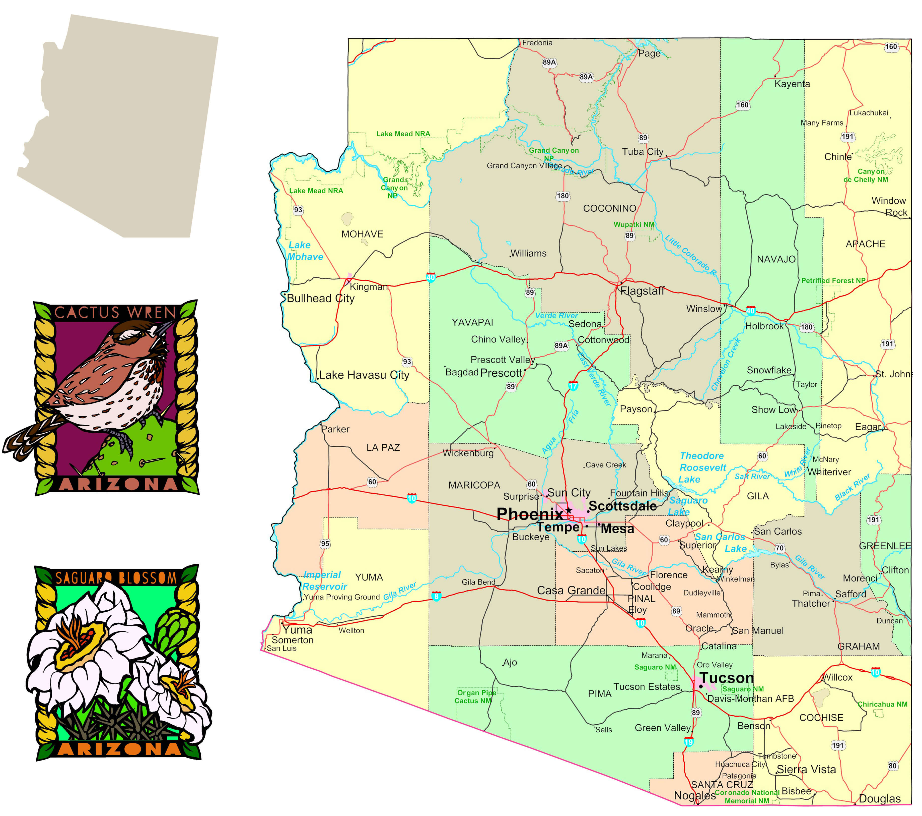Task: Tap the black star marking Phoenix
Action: click(x=569, y=510)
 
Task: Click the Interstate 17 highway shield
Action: click(x=573, y=386)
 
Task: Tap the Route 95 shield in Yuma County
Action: click(x=325, y=544)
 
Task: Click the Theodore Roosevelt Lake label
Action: click(x=702, y=468)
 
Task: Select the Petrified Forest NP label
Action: click(x=833, y=281)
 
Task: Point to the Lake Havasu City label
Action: click(x=364, y=375)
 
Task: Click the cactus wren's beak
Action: click(x=167, y=325)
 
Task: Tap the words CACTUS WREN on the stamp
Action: click(x=115, y=312)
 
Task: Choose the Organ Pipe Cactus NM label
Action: click(x=476, y=696)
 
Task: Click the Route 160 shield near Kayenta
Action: click(x=742, y=105)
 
